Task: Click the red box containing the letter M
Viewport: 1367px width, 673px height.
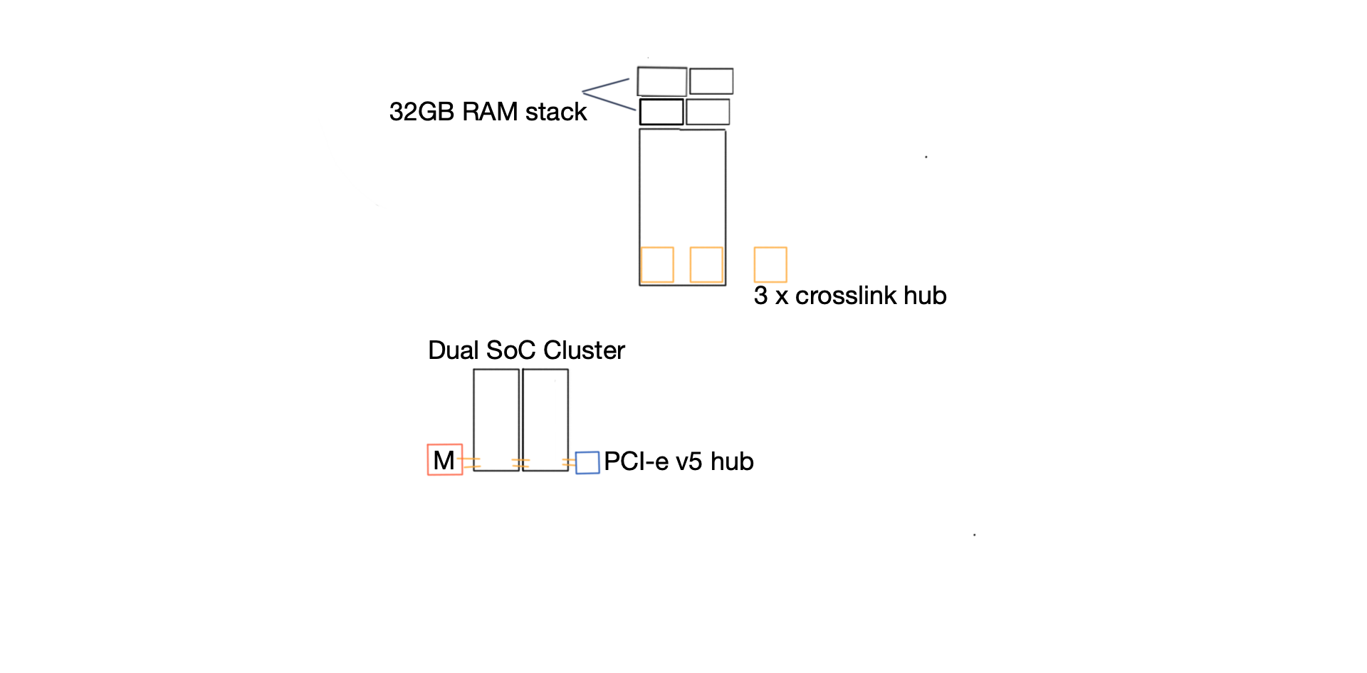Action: (445, 460)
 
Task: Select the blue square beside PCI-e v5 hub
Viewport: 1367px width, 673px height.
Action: (587, 463)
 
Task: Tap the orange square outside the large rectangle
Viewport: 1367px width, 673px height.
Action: (770, 265)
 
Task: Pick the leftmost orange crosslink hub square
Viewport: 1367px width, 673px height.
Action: (657, 265)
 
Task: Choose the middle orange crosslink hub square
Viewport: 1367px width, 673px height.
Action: (706, 265)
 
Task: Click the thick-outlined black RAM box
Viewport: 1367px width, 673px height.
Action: (661, 112)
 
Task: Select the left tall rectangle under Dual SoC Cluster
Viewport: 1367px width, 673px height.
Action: (496, 419)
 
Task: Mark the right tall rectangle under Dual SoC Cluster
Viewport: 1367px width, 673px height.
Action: (545, 419)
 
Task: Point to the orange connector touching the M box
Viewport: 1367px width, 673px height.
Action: (471, 463)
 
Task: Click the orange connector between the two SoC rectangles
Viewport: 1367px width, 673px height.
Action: (520, 464)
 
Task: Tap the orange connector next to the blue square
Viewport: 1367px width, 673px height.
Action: (569, 464)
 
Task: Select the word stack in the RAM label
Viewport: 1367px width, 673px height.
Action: (556, 112)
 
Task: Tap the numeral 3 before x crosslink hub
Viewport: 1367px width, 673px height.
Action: (760, 296)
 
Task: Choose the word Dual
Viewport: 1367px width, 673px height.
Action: (454, 350)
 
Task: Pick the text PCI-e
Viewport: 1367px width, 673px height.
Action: (637, 461)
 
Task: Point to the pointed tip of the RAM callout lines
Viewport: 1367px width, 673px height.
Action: (583, 92)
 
